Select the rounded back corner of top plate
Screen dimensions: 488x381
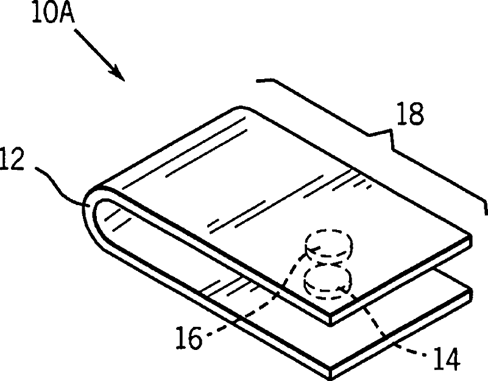coord(241,110)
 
